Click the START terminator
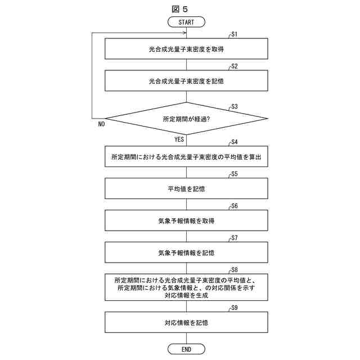pyautogui.click(x=186, y=22)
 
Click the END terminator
pyautogui.click(x=186, y=349)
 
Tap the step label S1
pyautogui.click(x=235, y=35)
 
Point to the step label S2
pyautogui.click(x=235, y=66)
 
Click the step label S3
pyautogui.click(x=235, y=106)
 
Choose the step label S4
pyautogui.click(x=235, y=143)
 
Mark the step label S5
pyautogui.click(x=235, y=174)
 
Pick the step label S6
pyautogui.click(x=235, y=206)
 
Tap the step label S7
pyautogui.click(x=235, y=238)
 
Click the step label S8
pyautogui.click(x=235, y=270)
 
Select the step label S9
pyautogui.click(x=235, y=308)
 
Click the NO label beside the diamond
pyautogui.click(x=101, y=124)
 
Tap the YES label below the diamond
pyautogui.click(x=179, y=139)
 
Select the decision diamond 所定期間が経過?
pyautogui.click(x=186, y=119)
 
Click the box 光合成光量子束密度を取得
pyautogui.click(x=186, y=49)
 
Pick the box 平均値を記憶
pyautogui.click(x=186, y=188)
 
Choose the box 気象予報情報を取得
pyautogui.click(x=186, y=220)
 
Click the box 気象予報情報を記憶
pyautogui.click(x=186, y=253)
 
